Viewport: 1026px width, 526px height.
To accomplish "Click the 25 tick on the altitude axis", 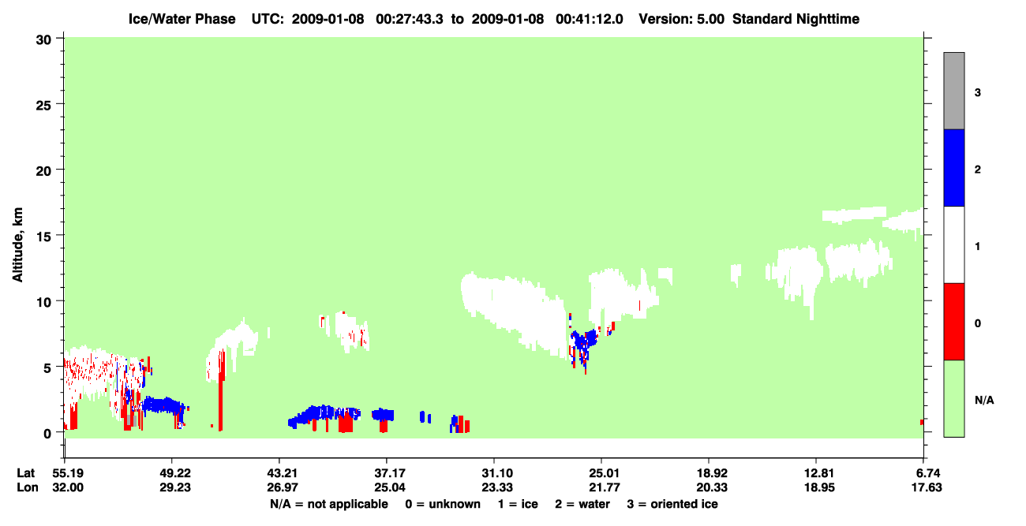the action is click(x=59, y=104).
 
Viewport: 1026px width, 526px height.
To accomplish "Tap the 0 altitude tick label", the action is click(x=47, y=434).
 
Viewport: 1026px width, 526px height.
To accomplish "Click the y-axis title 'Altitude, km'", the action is click(x=17, y=245).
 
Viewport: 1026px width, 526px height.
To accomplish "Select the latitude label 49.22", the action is click(x=175, y=473).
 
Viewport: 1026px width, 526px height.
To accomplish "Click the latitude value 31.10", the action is click(x=497, y=473).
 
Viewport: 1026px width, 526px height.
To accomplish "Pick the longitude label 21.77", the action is click(x=605, y=487).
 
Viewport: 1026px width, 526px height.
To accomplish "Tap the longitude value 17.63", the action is click(x=927, y=487).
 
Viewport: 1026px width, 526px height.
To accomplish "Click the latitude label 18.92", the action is click(x=712, y=473).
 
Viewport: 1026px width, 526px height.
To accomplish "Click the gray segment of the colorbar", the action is click(x=954, y=91).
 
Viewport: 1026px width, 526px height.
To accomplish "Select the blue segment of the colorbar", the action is click(x=954, y=167).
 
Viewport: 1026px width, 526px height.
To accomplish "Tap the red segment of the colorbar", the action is click(x=954, y=322).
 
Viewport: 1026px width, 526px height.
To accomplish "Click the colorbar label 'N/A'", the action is click(x=984, y=401).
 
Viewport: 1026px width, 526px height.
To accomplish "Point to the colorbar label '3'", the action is click(x=978, y=93).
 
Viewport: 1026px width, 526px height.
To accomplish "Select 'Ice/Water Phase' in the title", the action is click(x=182, y=19).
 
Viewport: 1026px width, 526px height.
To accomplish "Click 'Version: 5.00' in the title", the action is click(x=682, y=19).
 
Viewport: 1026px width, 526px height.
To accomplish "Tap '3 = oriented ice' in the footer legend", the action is click(x=672, y=504).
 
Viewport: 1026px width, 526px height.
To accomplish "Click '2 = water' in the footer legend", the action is click(x=582, y=504).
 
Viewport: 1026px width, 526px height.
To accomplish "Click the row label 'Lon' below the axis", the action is click(x=28, y=487).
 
